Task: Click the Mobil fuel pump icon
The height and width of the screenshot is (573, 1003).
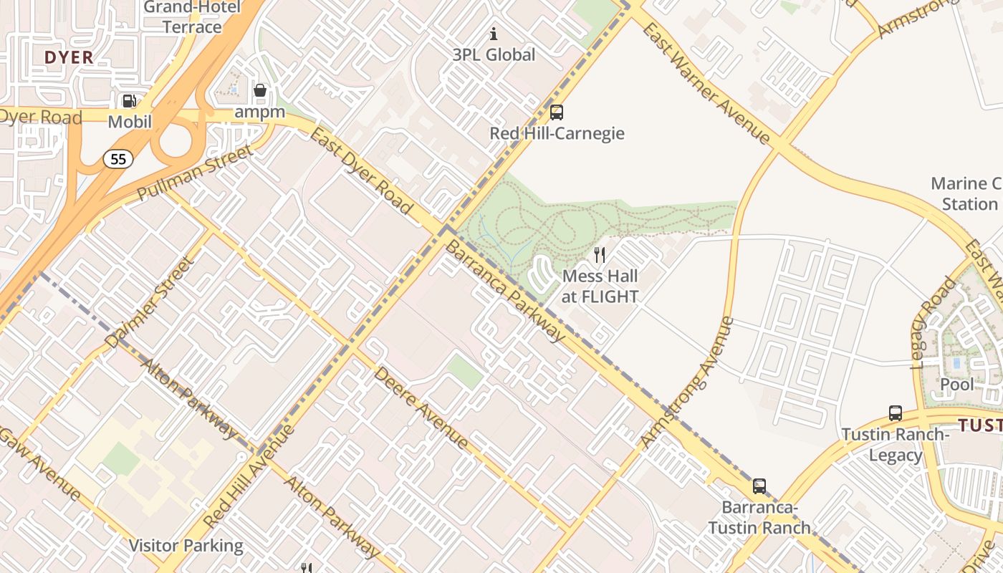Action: pyautogui.click(x=129, y=101)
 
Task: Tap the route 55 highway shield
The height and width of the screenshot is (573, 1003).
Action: pyautogui.click(x=118, y=159)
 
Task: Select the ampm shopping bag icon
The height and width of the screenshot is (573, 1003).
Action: pyautogui.click(x=260, y=91)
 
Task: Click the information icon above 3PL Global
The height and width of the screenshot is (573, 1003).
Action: pyautogui.click(x=493, y=34)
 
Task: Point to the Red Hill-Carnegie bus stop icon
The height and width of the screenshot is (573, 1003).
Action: pyautogui.click(x=556, y=112)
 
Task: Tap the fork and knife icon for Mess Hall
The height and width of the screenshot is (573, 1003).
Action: pyautogui.click(x=600, y=254)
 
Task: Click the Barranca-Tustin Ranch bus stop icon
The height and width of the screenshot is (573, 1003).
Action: pyautogui.click(x=759, y=486)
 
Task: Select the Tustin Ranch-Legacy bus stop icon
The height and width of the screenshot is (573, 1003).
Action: pyautogui.click(x=895, y=413)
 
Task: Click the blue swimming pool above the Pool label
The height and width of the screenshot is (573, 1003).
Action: pyautogui.click(x=956, y=363)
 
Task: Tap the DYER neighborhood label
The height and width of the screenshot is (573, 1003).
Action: pyautogui.click(x=69, y=57)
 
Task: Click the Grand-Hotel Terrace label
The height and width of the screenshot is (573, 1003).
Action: pyautogui.click(x=192, y=17)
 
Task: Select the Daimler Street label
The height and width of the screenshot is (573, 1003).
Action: pyautogui.click(x=149, y=304)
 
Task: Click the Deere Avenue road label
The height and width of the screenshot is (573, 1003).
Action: pyautogui.click(x=421, y=408)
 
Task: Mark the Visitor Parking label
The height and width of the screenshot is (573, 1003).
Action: pyautogui.click(x=186, y=546)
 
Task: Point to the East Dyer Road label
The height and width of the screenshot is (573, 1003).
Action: pyautogui.click(x=362, y=172)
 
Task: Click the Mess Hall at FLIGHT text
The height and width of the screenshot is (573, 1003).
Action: pyautogui.click(x=600, y=286)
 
